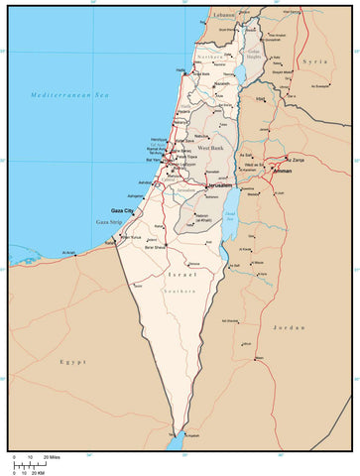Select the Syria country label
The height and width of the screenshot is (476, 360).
[x=314, y=61]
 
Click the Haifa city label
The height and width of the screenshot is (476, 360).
[x=180, y=70]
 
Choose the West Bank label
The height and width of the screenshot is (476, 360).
[x=211, y=147]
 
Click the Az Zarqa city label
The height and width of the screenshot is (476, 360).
[x=295, y=159]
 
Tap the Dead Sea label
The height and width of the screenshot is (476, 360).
[x=230, y=214]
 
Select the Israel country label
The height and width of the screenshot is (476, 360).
[x=181, y=273]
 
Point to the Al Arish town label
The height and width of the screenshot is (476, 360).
[x=68, y=253]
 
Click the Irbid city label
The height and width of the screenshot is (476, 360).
[x=261, y=99]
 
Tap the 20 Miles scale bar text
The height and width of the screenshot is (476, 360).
[x=51, y=456]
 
